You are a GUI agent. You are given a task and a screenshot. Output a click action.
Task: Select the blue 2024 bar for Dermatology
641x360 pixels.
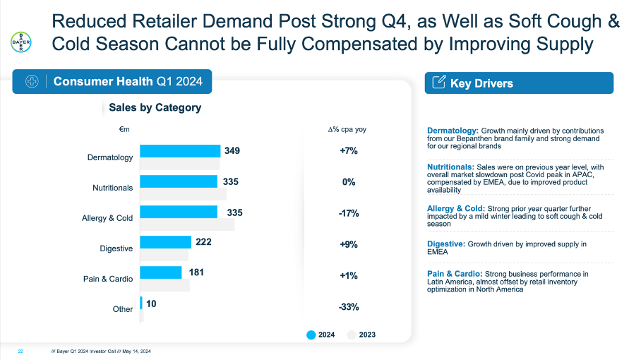pos(180,151)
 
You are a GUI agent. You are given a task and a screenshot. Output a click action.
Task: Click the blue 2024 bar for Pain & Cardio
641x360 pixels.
pos(161,272)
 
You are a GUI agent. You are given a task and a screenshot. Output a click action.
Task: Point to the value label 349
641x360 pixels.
pos(232,150)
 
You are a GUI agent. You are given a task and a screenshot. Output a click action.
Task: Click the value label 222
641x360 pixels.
pos(203,241)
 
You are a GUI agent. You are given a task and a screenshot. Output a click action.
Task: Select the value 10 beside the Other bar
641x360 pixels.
pos(152,303)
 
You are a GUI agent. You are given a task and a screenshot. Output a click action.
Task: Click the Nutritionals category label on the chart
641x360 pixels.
pos(112,188)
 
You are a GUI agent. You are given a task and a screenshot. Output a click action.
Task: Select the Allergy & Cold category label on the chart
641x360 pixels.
pos(107,218)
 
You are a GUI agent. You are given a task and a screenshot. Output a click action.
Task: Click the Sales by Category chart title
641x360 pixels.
pos(155,108)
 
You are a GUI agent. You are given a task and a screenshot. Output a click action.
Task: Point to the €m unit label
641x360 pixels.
pos(124,129)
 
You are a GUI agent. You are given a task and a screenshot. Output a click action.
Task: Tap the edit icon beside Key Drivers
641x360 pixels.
pos(438,83)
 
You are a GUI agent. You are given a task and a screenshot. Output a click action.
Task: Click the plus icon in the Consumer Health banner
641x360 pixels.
pos(32,82)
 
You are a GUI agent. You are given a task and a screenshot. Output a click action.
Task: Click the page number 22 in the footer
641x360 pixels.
pos(20,351)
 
